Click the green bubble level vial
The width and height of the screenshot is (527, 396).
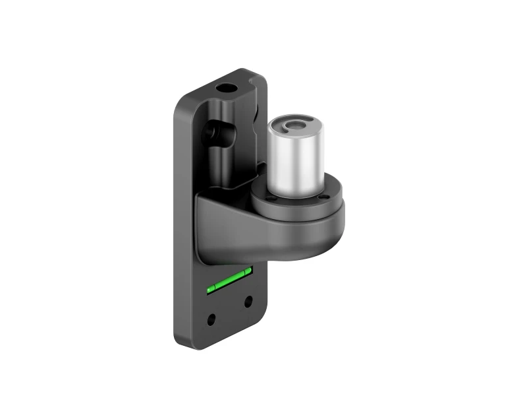coord(228,280)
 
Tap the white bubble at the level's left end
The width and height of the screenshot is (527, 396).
coord(210,288)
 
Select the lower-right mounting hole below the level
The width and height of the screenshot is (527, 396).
coord(248,302)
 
